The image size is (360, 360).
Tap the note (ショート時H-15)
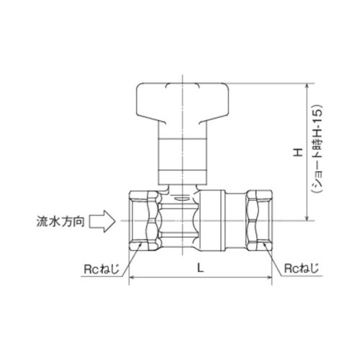click(315, 152)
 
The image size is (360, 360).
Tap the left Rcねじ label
click(99, 269)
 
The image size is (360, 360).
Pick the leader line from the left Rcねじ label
click(124, 260)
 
